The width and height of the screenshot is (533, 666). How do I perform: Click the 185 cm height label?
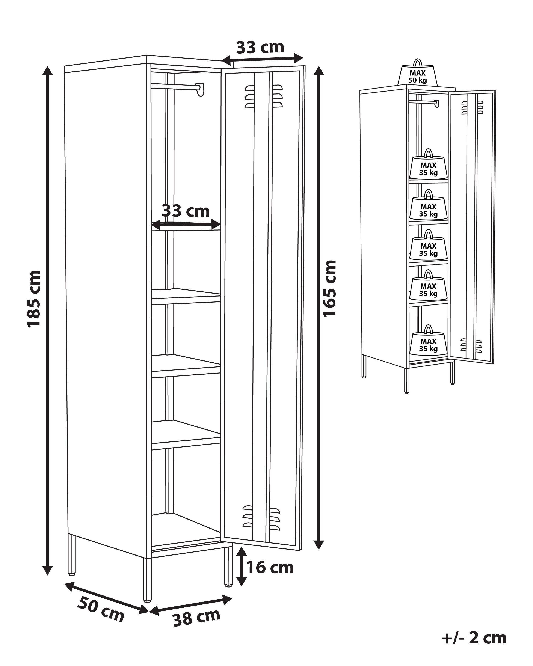click(x=34, y=299)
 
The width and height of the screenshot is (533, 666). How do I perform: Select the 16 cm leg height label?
click(x=270, y=567)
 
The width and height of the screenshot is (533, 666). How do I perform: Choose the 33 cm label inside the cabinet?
click(x=185, y=211)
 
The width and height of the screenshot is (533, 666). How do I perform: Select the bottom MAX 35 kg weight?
click(x=428, y=344)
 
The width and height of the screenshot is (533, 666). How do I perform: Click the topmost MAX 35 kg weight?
click(x=428, y=168)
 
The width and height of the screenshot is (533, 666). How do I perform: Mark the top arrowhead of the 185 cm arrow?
click(x=47, y=71)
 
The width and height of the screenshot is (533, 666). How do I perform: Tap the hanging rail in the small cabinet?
click(x=423, y=101)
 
